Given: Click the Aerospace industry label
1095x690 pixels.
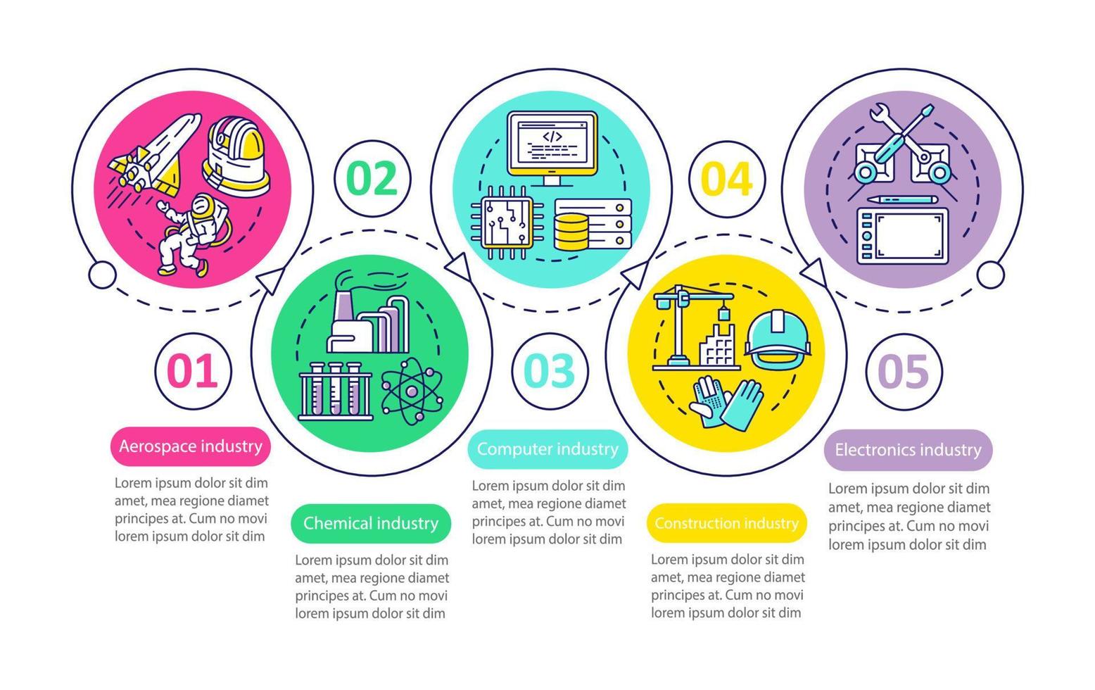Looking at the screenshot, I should pyautogui.click(x=190, y=446).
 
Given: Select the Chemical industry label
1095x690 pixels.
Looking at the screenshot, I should pyautogui.click(x=371, y=523).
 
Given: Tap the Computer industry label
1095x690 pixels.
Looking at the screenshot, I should pyautogui.click(x=547, y=449).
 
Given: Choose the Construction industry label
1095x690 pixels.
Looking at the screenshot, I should pyautogui.click(x=726, y=523).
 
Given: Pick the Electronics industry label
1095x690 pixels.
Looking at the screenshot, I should pyautogui.click(x=908, y=450).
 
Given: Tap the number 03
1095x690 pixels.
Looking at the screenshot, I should pyautogui.click(x=550, y=371).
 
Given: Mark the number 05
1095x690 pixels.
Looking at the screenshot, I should pyautogui.click(x=904, y=371).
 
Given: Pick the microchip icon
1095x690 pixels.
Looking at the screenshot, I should pyautogui.click(x=500, y=220).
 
